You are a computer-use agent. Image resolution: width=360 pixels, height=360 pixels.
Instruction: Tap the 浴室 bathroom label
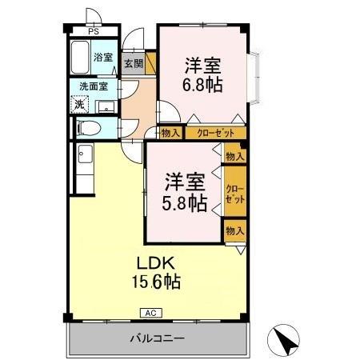(102, 58)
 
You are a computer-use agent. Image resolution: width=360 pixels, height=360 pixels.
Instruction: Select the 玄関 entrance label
(132, 63)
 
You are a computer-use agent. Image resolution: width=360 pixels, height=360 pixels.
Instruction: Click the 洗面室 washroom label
(93, 86)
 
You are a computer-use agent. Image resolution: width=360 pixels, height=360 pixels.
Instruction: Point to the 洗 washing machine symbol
(79, 103)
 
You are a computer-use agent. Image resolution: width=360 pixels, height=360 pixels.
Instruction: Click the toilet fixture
(88, 127)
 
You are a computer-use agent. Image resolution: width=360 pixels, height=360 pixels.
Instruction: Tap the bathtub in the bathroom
(80, 58)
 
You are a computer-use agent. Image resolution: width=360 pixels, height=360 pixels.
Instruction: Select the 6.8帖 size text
(205, 83)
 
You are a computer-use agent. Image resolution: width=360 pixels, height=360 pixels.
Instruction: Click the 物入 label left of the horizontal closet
(170, 134)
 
